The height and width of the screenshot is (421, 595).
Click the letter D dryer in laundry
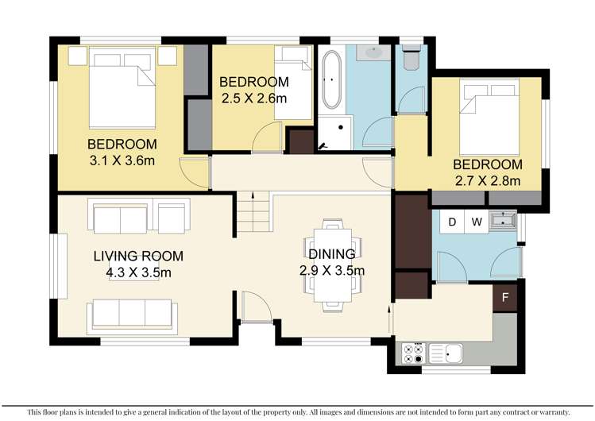click(452, 222)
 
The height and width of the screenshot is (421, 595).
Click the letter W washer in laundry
click(477, 222)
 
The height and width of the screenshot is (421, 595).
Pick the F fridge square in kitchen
click(504, 299)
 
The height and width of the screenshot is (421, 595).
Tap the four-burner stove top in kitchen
click(412, 353)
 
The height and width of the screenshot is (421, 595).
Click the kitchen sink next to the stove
click(447, 352)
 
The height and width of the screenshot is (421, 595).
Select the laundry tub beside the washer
click(503, 220)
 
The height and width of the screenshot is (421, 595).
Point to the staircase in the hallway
click(253, 215)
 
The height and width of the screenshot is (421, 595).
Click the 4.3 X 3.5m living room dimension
click(139, 272)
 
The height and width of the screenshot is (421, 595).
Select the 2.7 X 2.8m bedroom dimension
click(487, 181)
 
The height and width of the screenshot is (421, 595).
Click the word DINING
click(332, 254)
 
